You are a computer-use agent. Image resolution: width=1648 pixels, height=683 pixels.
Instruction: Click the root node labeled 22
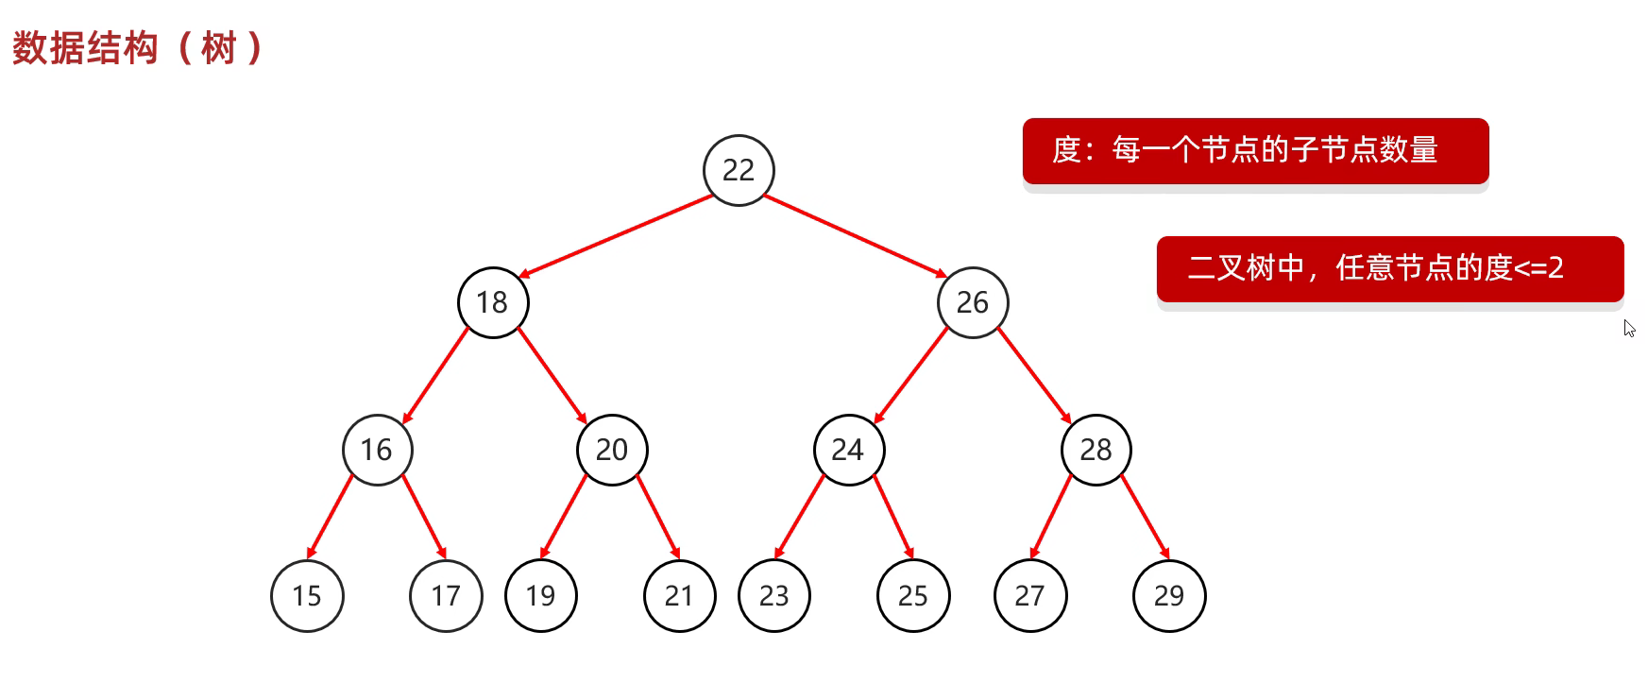[x=739, y=170]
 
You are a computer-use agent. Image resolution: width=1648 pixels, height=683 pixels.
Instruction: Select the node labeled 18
[x=492, y=302]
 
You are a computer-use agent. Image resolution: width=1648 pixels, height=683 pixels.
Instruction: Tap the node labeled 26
[x=973, y=302]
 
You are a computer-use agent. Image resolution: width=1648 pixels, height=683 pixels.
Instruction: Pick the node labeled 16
[x=377, y=450]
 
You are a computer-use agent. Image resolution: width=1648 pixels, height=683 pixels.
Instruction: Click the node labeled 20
[x=612, y=450]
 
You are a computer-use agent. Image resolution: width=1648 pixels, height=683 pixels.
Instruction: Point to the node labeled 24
[x=848, y=450]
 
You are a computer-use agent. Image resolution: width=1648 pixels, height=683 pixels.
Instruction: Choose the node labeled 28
[x=1096, y=450]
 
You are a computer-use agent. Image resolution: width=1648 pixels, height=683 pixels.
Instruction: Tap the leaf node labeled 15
[x=307, y=596]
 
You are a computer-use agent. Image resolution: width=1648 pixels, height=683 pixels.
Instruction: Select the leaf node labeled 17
[x=446, y=596]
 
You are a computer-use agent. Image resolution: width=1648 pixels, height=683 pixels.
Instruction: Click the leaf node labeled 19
[x=541, y=596]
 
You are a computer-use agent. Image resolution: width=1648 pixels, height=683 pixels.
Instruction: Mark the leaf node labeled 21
[x=679, y=596]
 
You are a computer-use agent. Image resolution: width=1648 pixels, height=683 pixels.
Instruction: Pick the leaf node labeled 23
[x=774, y=596]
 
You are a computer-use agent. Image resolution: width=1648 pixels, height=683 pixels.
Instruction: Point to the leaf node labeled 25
[x=913, y=596]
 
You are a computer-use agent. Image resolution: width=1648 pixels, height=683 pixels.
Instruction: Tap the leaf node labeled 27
[x=1030, y=596]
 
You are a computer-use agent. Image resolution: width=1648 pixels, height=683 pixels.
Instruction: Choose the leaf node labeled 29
[x=1169, y=596]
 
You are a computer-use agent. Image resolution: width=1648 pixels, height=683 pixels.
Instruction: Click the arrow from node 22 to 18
[x=616, y=236]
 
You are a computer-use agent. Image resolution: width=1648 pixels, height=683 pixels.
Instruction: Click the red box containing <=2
[x=1389, y=268]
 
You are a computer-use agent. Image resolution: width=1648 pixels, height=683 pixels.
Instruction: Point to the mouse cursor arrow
[x=1629, y=328]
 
